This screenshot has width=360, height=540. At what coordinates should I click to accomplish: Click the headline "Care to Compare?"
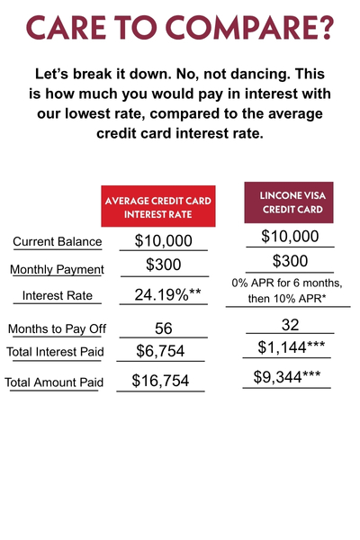pyautogui.click(x=180, y=28)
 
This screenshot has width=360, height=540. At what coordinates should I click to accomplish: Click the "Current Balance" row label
pyautogui.click(x=57, y=242)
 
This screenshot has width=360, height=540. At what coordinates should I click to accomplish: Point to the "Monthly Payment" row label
pyautogui.click(x=57, y=269)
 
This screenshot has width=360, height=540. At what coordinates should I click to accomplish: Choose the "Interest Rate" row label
pyautogui.click(x=57, y=295)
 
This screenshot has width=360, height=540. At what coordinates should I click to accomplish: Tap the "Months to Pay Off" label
pyautogui.click(x=57, y=328)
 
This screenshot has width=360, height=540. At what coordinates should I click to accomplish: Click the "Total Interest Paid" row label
pyautogui.click(x=56, y=352)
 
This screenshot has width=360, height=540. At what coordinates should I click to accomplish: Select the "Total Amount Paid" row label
pyautogui.click(x=54, y=382)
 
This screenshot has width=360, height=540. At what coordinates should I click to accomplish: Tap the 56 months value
pyautogui.click(x=163, y=328)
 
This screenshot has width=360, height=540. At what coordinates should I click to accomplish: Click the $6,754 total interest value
pyautogui.click(x=161, y=351)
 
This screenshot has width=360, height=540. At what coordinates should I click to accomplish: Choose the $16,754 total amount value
pyautogui.click(x=161, y=382)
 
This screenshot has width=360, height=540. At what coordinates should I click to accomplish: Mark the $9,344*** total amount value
pyautogui.click(x=287, y=377)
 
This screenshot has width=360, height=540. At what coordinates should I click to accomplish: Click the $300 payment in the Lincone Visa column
pyautogui.click(x=290, y=262)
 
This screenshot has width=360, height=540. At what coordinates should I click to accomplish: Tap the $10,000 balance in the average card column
pyautogui.click(x=163, y=240)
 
